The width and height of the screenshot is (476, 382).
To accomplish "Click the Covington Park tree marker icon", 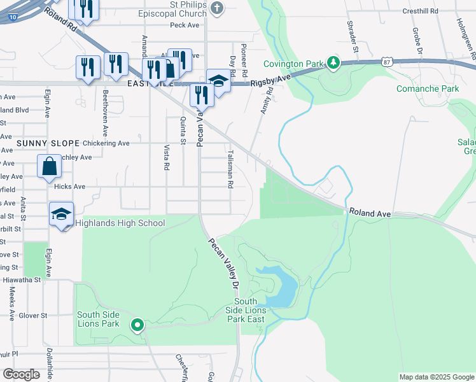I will click(332, 62).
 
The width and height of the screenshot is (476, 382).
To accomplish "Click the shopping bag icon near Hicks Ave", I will click(49, 167).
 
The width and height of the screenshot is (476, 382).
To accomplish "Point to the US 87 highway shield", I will click(386, 61).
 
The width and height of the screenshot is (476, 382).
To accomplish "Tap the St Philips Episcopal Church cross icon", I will click(218, 8).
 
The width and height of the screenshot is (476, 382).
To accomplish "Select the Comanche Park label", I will click(428, 88).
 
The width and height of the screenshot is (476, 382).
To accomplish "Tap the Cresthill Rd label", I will click(421, 11).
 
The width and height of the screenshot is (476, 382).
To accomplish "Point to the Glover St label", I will click(33, 315).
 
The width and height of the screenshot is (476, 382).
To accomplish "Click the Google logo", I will click(22, 374).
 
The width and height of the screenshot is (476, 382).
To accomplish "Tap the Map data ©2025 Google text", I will click(436, 377).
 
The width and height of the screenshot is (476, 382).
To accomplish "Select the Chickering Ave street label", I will click(106, 143).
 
